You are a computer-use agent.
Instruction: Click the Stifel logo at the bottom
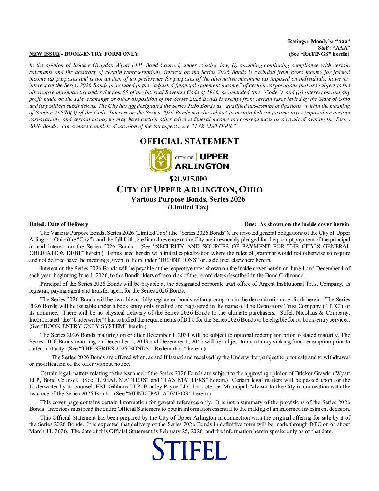coord(189,449)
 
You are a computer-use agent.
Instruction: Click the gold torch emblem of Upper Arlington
coord(161,160)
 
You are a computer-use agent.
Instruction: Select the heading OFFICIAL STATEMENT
coord(189,141)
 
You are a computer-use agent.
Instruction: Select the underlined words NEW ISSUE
coord(44,54)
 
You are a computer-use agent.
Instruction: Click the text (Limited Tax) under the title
coord(188,207)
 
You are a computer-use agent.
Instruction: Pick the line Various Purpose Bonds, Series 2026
coord(188,199)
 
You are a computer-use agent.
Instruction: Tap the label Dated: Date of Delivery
coord(59,224)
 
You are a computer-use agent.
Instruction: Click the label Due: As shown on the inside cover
coord(296,224)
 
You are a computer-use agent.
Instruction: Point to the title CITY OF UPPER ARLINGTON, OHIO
coord(189,190)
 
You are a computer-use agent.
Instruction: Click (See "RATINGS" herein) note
coord(319,54)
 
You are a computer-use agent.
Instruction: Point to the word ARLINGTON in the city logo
coord(202,166)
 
